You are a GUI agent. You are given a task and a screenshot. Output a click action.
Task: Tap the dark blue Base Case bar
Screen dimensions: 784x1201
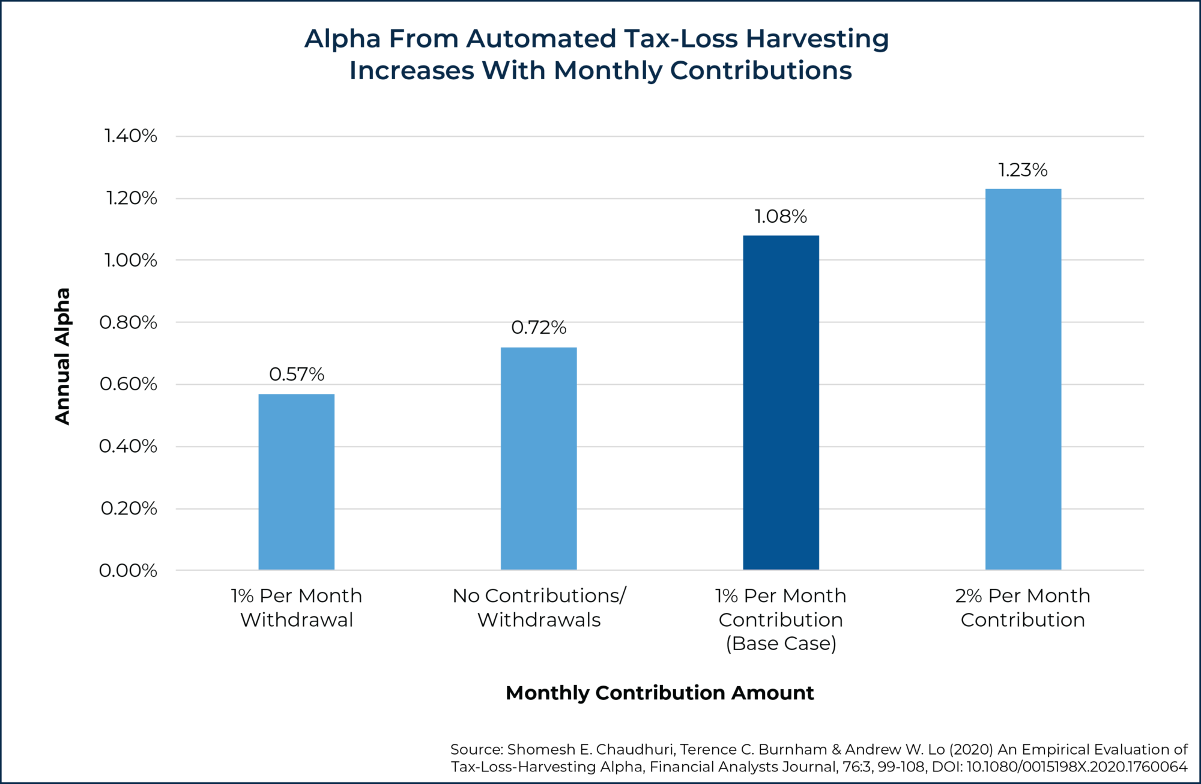tap(781, 402)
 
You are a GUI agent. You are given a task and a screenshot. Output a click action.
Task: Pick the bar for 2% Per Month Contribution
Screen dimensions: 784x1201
tap(1023, 379)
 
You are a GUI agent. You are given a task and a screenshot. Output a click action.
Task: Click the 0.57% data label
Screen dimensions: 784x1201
tap(296, 375)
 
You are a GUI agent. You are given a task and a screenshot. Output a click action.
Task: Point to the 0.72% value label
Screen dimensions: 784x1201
tap(539, 328)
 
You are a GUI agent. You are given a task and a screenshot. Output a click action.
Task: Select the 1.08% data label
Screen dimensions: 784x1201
tap(781, 217)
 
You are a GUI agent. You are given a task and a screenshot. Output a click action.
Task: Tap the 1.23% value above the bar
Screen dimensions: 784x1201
tap(1023, 170)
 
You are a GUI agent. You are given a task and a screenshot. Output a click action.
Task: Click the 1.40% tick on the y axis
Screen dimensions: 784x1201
tap(131, 136)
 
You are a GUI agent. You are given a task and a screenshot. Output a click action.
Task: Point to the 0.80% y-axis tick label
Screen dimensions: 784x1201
tap(129, 323)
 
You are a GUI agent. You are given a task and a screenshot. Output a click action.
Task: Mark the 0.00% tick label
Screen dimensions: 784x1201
tap(128, 570)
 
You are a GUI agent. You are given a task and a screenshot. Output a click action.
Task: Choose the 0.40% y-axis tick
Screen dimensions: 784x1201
tap(128, 447)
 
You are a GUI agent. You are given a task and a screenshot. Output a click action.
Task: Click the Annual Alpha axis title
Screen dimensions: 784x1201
tap(62, 356)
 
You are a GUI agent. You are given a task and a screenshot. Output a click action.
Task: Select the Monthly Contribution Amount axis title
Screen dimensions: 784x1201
tap(659, 693)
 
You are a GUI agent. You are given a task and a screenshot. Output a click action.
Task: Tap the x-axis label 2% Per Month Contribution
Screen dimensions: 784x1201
tap(1023, 607)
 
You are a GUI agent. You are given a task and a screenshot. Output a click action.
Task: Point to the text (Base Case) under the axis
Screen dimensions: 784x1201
tap(781, 644)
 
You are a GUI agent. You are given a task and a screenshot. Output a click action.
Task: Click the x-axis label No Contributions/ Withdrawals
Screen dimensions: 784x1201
tap(539, 607)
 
